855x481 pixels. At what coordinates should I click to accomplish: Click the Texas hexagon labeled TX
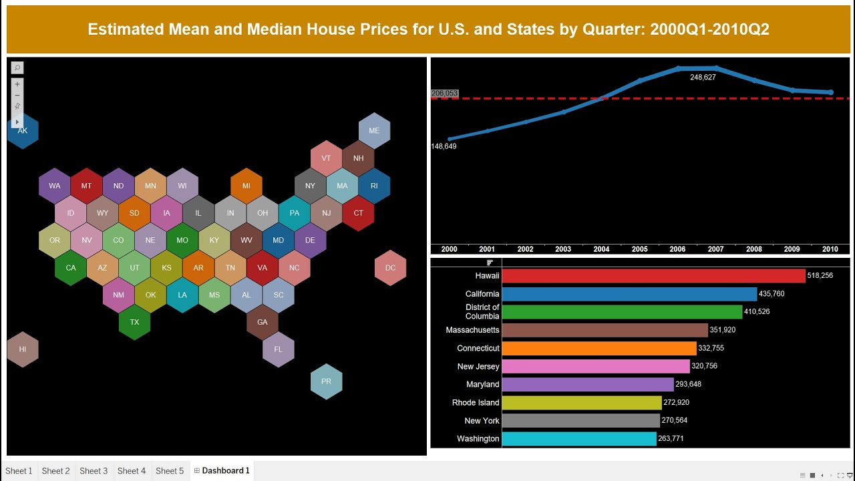134,322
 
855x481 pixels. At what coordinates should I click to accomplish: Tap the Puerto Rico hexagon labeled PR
326,381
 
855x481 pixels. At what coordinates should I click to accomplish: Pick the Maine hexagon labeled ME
374,130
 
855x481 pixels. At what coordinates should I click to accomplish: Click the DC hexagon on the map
390,268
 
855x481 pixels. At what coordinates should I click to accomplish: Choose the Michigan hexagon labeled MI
246,186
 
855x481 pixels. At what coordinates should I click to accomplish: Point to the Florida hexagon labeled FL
278,349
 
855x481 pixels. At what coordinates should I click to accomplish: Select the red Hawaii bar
653,276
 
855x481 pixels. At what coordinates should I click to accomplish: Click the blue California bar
629,294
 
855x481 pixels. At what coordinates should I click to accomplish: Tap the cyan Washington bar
578,439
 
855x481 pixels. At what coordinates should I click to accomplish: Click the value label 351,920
723,330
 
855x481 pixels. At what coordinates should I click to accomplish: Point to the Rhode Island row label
475,403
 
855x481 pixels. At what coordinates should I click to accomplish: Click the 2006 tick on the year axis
677,249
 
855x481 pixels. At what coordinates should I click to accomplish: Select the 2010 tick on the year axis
830,249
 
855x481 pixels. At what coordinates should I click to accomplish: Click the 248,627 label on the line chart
703,77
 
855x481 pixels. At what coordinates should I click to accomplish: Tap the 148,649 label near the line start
444,146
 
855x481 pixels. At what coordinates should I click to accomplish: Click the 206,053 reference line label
445,94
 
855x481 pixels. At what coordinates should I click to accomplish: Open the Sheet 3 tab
94,471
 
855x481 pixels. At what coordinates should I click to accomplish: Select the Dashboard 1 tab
225,471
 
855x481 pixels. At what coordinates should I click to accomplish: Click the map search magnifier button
17,67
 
